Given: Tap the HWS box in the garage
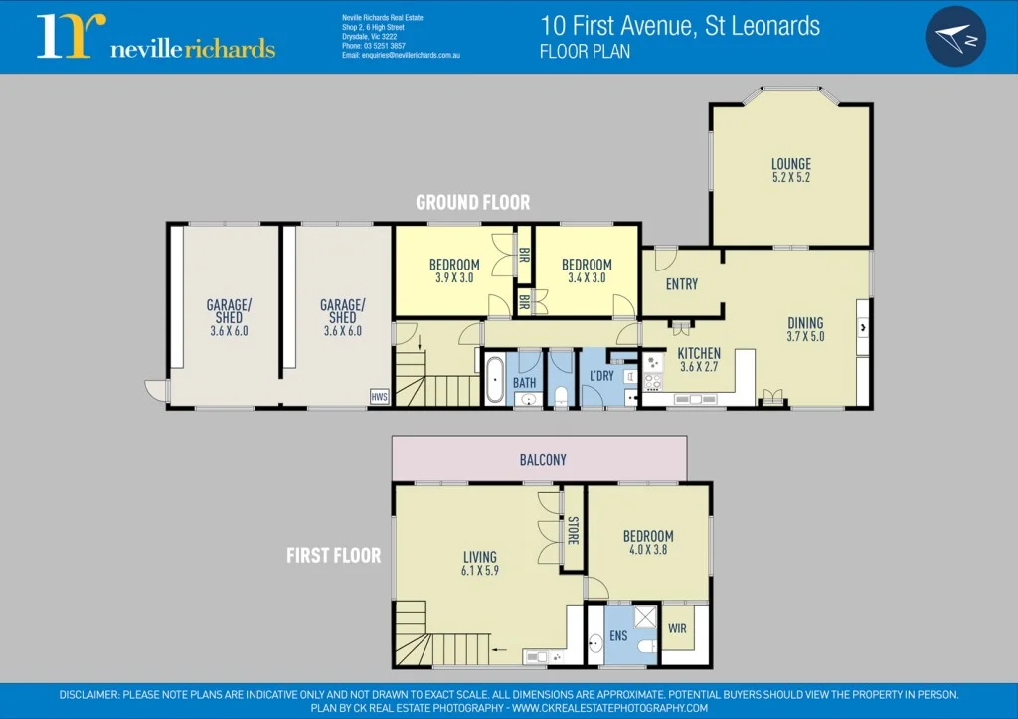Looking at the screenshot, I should click(379, 396).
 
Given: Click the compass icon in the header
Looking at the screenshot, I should click(955, 37).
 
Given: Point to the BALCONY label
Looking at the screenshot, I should click(543, 460).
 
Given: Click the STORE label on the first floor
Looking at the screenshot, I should click(573, 531).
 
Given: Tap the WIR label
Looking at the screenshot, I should click(677, 629).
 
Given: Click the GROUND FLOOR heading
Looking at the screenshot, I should click(472, 202).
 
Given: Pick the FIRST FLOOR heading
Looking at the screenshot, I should click(333, 555).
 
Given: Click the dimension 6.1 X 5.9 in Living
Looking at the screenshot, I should click(480, 571).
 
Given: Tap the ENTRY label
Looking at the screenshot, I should click(681, 284).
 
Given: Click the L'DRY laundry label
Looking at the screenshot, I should click(601, 376).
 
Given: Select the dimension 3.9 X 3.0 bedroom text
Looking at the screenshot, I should click(454, 278).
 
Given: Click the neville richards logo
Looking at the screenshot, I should click(156, 37).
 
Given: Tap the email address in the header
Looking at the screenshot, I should click(401, 56).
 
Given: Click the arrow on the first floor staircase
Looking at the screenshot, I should click(499, 649).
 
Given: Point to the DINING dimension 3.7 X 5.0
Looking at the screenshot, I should click(805, 336).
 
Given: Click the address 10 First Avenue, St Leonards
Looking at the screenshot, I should click(680, 25).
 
